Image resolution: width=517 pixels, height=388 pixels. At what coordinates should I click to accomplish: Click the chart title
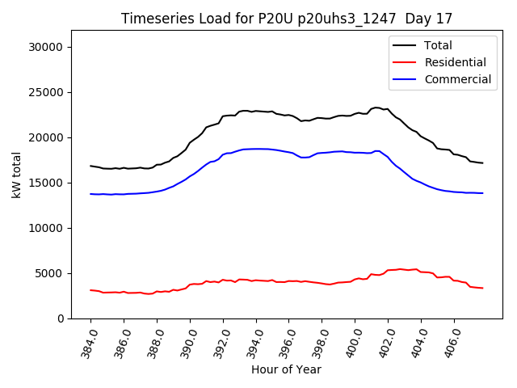click(287, 19)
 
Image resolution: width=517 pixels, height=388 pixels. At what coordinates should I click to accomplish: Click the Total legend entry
click(438, 45)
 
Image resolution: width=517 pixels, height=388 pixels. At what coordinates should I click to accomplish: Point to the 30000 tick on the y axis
click(46, 47)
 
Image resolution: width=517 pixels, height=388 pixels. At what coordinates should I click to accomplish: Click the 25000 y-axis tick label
click(46, 92)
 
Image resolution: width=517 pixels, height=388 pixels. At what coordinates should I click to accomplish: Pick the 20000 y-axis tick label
click(46, 137)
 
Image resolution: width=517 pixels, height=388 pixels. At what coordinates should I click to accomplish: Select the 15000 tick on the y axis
click(46, 183)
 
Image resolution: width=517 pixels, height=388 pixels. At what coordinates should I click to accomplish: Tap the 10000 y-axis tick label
click(46, 228)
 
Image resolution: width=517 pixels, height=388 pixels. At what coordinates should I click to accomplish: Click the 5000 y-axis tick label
click(49, 273)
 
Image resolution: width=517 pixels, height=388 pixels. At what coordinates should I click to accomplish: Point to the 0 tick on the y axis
click(60, 318)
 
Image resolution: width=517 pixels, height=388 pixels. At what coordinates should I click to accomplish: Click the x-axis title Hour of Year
click(286, 370)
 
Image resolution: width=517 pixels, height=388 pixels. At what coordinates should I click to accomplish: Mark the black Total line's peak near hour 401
click(376, 108)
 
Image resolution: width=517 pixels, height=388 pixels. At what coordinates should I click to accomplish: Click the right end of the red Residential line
click(482, 288)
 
